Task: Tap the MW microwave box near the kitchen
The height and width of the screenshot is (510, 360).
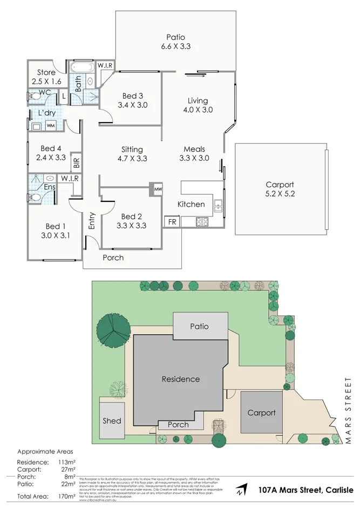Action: (x=158, y=190)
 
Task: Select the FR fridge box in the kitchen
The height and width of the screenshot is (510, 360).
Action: (x=172, y=222)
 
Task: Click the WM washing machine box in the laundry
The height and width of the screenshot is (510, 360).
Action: (x=50, y=126)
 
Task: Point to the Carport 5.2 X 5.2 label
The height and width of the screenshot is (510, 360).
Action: (x=280, y=189)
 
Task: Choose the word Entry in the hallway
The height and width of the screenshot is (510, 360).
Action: (x=92, y=221)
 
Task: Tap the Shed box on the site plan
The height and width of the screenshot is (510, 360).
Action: (x=112, y=420)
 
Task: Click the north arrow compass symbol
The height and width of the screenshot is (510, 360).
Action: (x=242, y=491)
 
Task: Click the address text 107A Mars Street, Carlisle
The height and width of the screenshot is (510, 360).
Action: (x=306, y=490)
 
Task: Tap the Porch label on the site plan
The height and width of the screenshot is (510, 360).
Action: (x=178, y=424)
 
